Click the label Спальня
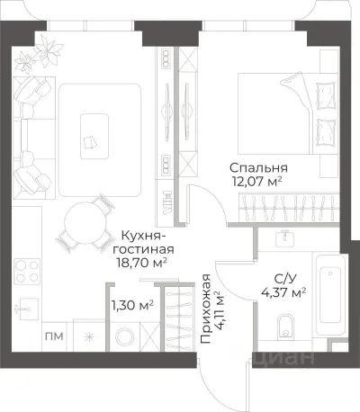pyautogui.click(x=258, y=168)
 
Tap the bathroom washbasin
pyautogui.click(x=286, y=237)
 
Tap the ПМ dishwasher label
pyautogui.click(x=53, y=337)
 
